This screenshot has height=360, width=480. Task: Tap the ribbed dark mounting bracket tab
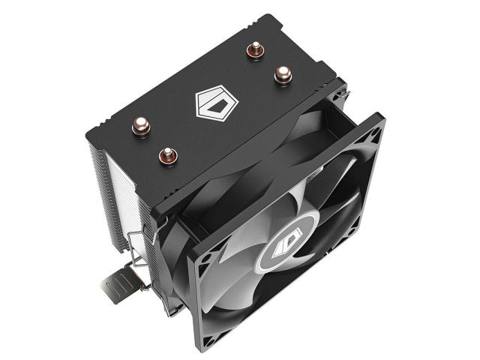point(120,289)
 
